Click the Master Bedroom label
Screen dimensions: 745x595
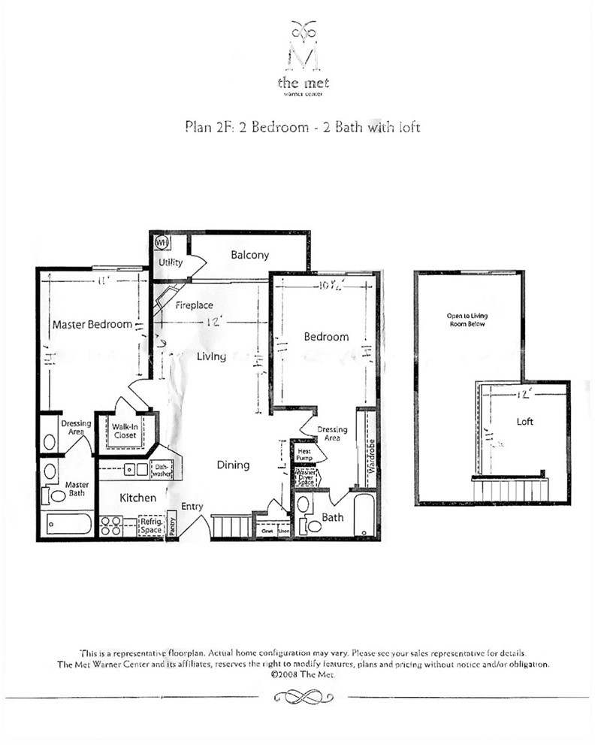(92, 325)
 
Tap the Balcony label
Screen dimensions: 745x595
(249, 256)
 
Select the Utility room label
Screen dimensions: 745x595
(170, 262)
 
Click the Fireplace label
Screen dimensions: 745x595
(195, 306)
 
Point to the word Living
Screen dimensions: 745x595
(211, 356)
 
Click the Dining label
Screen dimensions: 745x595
(233, 465)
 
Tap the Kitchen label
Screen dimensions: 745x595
(138, 498)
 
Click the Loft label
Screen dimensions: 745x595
(524, 422)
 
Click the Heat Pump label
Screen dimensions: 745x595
(304, 453)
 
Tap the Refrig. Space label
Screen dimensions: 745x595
(151, 524)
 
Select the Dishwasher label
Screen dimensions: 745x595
(162, 470)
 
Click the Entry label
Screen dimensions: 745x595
(192, 507)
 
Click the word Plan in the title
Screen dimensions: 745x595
(197, 127)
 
